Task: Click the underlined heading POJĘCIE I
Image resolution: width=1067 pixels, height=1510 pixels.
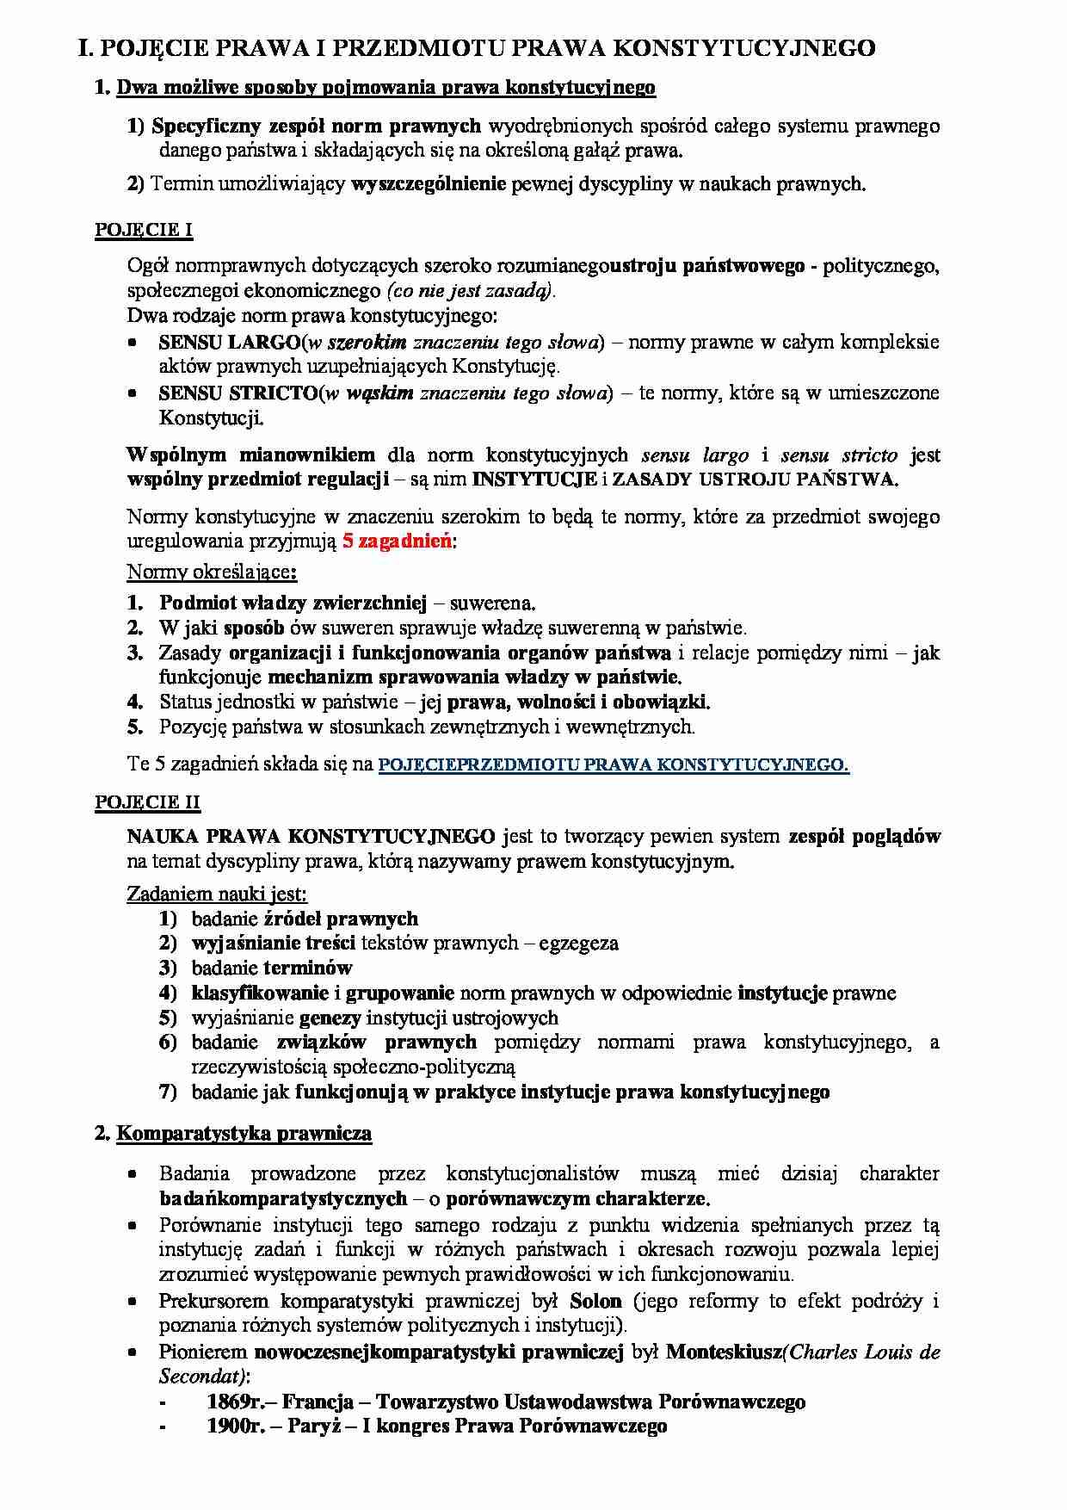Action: pos(144,230)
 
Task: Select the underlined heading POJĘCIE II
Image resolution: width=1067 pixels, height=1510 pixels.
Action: pos(147,802)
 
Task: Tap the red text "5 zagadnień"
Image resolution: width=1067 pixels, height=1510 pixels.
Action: pos(397,541)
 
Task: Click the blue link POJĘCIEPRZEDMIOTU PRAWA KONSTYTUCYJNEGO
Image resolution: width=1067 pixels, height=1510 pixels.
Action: pos(614,764)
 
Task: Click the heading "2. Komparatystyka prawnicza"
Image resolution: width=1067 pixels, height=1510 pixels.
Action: pos(233,1133)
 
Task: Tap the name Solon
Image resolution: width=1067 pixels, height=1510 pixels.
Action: pos(595,1301)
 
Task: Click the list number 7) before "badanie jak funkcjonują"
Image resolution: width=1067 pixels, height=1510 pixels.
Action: pos(168,1092)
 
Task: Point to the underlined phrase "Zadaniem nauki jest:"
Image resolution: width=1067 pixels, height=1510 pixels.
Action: pos(217,894)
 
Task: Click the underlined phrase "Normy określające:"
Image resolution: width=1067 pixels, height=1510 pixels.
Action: pos(212,572)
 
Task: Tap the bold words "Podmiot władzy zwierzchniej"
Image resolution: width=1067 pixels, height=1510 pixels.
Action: pos(293,603)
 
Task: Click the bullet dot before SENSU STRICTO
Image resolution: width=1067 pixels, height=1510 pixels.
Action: pos(133,393)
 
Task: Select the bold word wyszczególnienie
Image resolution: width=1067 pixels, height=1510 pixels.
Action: pos(429,183)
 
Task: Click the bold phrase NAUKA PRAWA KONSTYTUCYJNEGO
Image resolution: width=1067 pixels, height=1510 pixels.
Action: pos(311,836)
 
